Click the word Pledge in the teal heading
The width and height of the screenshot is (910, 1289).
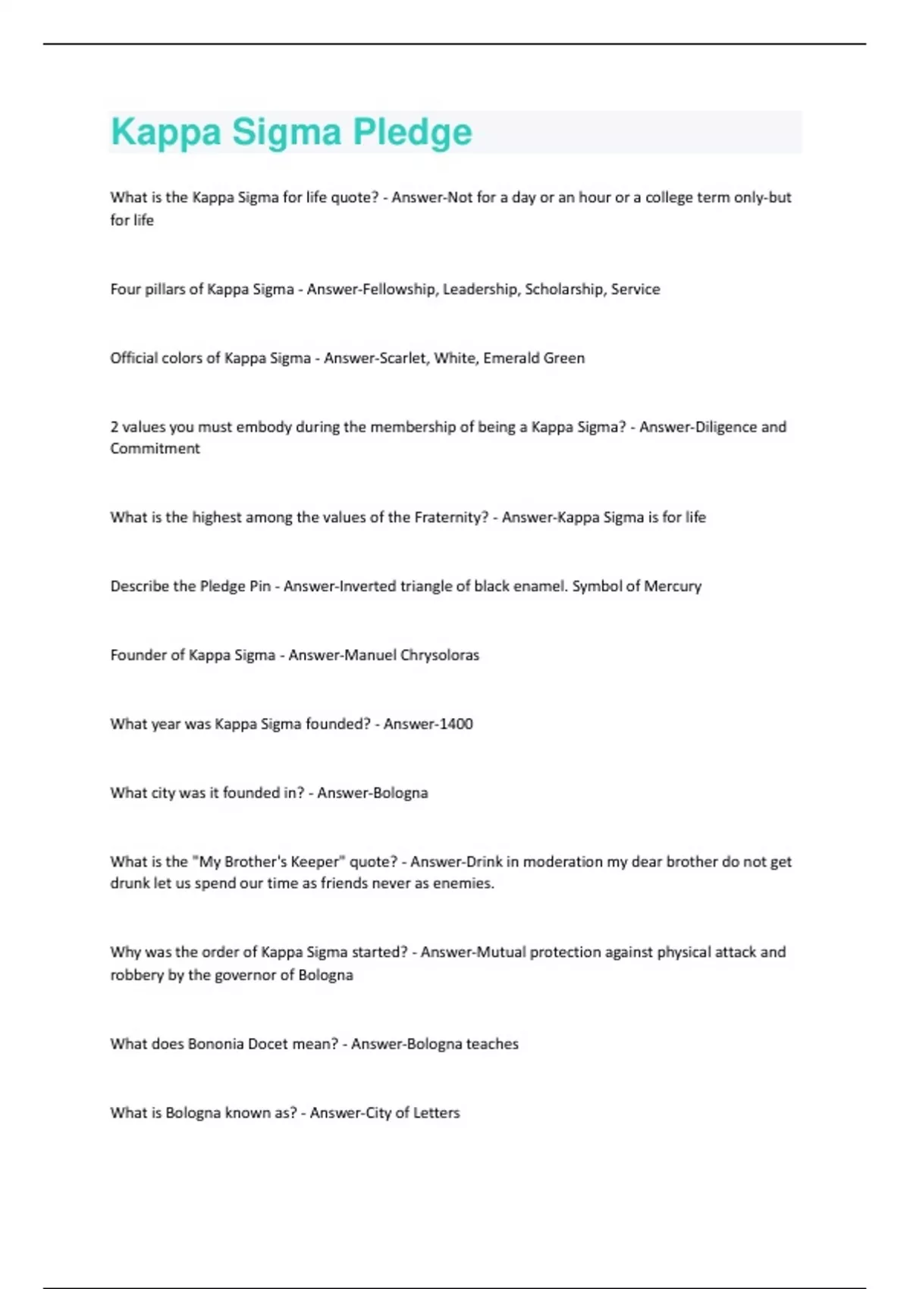pos(413,133)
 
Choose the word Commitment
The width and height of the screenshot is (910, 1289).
pos(155,448)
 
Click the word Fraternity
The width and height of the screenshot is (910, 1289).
pos(450,517)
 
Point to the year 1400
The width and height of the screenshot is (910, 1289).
pos(454,724)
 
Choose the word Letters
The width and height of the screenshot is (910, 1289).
pos(436,1113)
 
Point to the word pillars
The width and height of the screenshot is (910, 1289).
pos(165,289)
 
